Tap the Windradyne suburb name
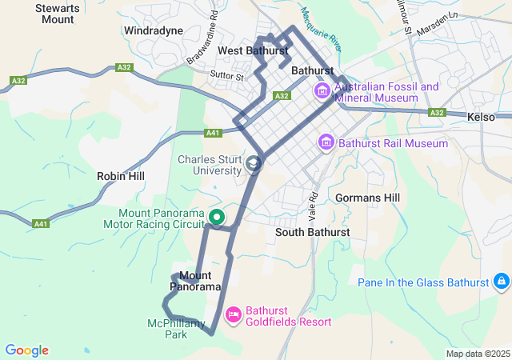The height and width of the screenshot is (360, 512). (154, 30)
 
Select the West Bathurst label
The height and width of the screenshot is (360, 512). (253, 50)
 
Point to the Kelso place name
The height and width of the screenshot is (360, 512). (482, 117)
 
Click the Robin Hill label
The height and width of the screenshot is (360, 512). (120, 175)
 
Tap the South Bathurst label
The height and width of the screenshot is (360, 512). (312, 232)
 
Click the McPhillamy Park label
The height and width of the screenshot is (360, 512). (178, 329)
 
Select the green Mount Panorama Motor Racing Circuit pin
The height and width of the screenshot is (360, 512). (217, 216)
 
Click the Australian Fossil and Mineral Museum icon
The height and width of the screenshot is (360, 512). (323, 91)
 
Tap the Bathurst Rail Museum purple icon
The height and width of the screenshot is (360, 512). (326, 143)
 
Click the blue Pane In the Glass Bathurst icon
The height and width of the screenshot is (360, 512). (501, 282)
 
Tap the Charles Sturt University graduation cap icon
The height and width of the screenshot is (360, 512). (254, 165)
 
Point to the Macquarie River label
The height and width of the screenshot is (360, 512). (321, 27)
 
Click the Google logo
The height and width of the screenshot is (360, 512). (26, 350)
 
